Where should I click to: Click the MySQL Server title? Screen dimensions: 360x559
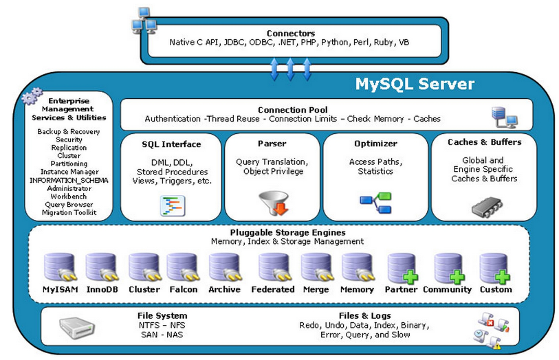pyautogui.click(x=414, y=84)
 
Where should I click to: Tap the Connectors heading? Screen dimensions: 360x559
pyautogui.click(x=290, y=33)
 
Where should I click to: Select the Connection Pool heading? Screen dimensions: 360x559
pyautogui.click(x=292, y=110)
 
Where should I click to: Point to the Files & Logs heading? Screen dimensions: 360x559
pyautogui.click(x=364, y=315)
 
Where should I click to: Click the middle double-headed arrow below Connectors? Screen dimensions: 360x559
pyautogui.click(x=290, y=68)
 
